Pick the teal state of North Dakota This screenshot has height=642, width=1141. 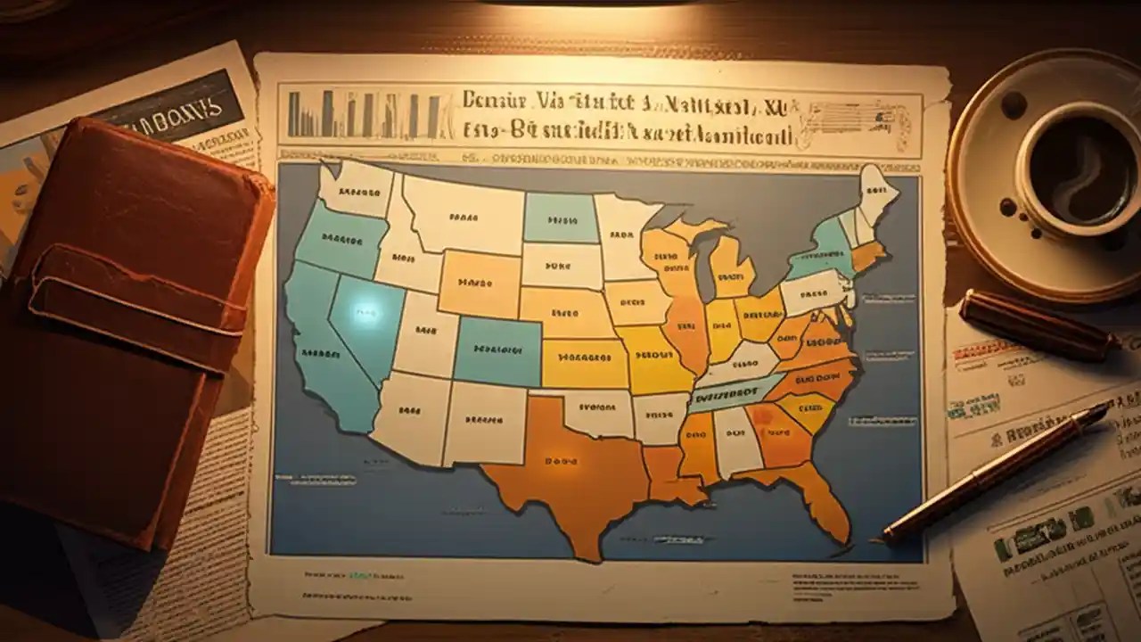point(560,217)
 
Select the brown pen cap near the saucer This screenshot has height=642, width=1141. point(1038,326)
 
